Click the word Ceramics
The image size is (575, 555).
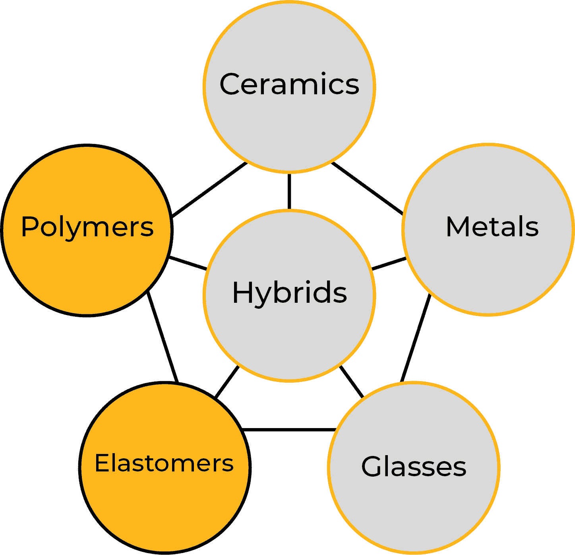click(x=289, y=84)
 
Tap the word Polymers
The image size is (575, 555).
click(x=87, y=227)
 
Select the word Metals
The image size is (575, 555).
click(x=492, y=227)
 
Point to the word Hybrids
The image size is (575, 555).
click(x=289, y=293)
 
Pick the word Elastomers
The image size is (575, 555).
click(x=164, y=463)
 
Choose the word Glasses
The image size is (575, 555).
click(x=414, y=466)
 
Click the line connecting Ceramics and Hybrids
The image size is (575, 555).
click(x=289, y=191)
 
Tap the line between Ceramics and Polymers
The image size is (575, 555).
click(x=209, y=190)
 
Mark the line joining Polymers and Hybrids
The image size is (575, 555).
click(x=188, y=263)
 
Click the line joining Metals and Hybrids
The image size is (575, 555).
click(x=389, y=264)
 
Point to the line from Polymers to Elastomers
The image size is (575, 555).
click(x=163, y=337)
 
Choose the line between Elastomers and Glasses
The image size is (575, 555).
click(x=289, y=430)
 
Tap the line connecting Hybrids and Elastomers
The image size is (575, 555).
click(x=227, y=382)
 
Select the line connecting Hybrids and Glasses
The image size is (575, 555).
click(x=352, y=382)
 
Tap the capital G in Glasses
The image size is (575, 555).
click(x=372, y=466)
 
